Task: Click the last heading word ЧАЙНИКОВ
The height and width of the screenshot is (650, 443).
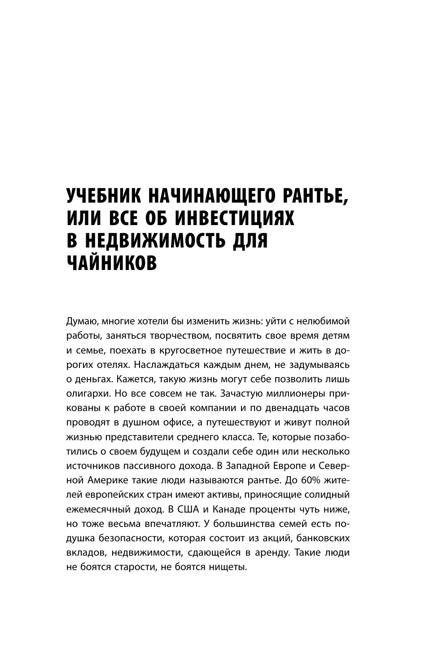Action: pos(112,262)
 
